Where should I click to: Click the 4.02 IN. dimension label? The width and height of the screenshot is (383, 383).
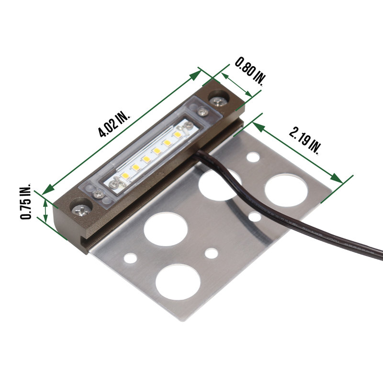coord(114,124)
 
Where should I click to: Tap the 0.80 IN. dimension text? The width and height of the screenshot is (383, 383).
coord(250,71)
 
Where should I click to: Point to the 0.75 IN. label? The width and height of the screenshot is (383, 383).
coord(25,201)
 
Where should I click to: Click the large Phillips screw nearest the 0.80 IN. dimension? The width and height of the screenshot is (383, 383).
coord(218,101)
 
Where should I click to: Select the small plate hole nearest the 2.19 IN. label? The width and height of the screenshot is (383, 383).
coord(253,157)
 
